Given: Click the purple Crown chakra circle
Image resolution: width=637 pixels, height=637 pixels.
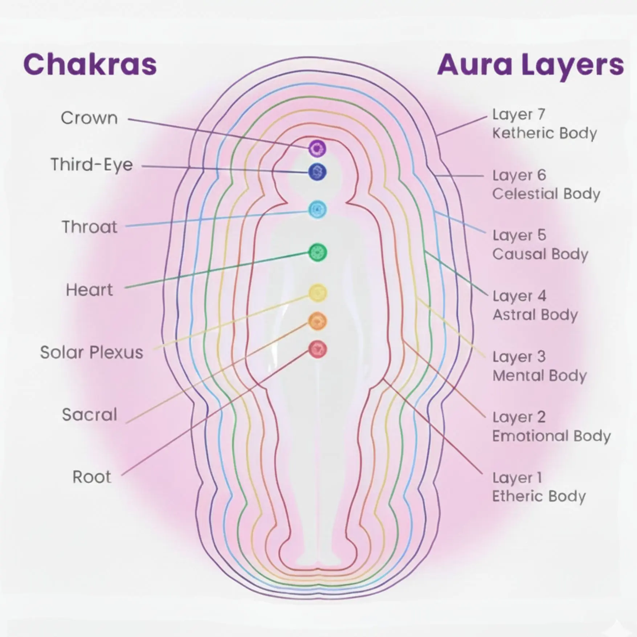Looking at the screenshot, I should (317, 148).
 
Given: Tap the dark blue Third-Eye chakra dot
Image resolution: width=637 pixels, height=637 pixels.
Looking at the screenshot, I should (317, 172).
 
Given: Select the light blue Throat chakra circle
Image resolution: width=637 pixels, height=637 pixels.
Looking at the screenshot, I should (318, 209).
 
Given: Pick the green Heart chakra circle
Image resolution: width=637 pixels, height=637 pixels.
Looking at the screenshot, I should (318, 252).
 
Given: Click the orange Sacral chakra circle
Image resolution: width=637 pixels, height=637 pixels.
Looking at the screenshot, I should (318, 321).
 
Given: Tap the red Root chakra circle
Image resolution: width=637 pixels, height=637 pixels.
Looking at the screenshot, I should (318, 350).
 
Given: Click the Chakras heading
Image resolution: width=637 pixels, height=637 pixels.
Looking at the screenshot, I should (90, 65).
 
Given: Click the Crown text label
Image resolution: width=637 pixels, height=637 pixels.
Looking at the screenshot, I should (89, 118).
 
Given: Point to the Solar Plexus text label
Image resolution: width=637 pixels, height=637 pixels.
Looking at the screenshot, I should (91, 352).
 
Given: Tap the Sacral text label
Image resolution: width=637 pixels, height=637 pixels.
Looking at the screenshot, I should (89, 415).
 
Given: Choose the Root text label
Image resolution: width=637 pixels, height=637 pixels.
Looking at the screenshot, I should (91, 477).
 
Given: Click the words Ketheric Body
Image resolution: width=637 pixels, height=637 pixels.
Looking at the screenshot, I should (544, 133).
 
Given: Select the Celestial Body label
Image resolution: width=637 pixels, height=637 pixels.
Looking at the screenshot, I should (546, 194).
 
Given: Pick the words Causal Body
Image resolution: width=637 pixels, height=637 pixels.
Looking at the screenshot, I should (540, 254).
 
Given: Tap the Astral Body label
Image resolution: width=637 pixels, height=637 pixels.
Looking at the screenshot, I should (535, 315).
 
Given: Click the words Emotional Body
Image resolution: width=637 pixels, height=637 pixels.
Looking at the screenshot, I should (551, 436).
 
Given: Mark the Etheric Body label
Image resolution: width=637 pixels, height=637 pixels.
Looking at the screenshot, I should (539, 496).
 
